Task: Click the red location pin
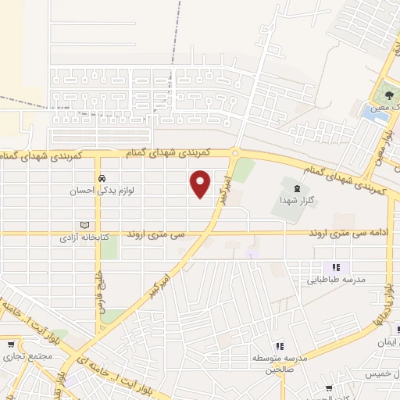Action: click(201, 184)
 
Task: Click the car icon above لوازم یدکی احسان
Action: click(101, 178)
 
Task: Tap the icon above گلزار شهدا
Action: click(295, 187)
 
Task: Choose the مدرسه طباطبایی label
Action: click(335, 278)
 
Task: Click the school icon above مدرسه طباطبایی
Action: click(335, 266)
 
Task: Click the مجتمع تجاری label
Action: click(16, 356)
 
